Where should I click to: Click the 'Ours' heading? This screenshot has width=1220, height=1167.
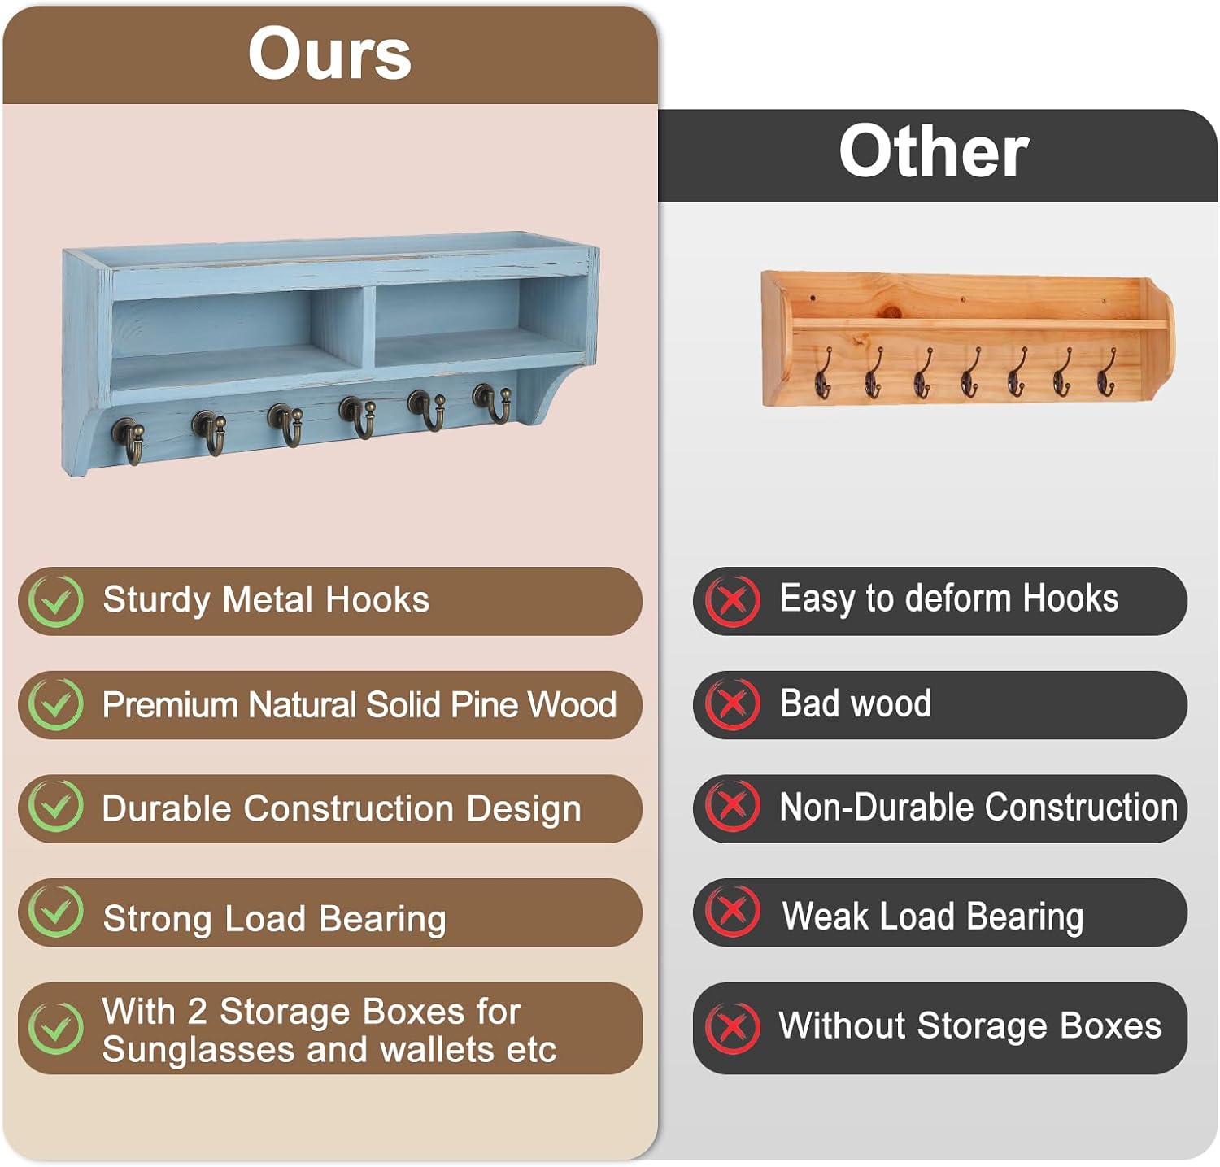(329, 54)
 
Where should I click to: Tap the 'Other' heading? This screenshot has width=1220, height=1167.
(934, 151)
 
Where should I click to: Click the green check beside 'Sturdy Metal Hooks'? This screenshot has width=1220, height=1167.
(55, 600)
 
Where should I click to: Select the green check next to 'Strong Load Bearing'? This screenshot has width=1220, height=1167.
(55, 911)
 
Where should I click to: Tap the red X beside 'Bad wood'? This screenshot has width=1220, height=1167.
(732, 703)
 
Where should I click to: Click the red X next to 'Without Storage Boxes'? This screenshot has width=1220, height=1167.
(732, 1027)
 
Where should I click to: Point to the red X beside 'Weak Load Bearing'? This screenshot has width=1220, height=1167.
(732, 911)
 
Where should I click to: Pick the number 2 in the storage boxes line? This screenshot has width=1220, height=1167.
(197, 1012)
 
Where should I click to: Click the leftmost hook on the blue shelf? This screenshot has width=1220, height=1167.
(129, 440)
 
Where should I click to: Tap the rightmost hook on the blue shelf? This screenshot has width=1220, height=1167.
(493, 403)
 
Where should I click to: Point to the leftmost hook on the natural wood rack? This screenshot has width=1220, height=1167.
(823, 374)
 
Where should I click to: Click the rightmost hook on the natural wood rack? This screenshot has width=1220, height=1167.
(1106, 372)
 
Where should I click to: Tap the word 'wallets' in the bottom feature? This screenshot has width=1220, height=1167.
(438, 1049)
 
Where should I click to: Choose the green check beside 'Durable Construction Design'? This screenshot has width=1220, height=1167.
(55, 807)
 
